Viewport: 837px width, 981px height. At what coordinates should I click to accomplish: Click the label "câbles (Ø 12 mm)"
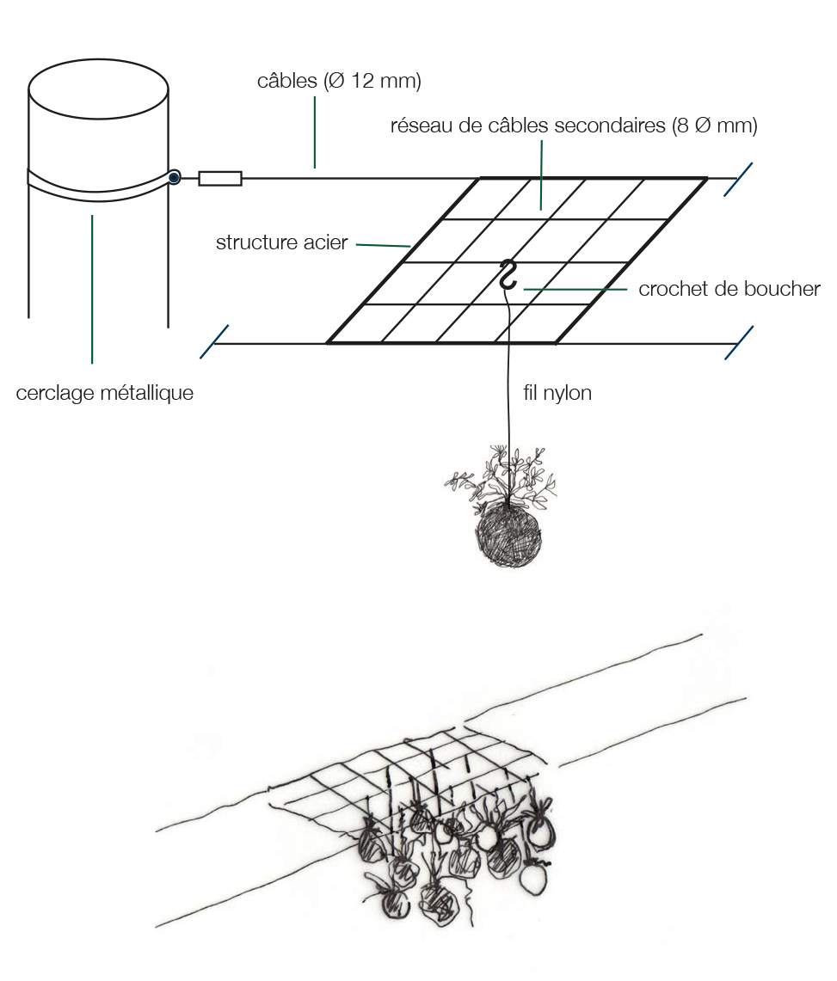tap(339, 81)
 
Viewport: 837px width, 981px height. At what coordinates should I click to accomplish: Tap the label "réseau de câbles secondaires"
tap(527, 126)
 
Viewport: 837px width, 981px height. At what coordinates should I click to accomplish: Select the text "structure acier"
tap(281, 242)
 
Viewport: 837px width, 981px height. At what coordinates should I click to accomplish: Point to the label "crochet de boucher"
tap(729, 289)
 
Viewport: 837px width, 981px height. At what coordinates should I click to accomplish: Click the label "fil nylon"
tap(557, 393)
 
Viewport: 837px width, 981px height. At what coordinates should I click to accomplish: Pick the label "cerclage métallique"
tap(105, 393)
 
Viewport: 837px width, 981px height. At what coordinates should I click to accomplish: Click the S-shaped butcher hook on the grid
tap(508, 275)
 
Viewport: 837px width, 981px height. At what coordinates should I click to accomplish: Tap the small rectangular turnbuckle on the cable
tap(220, 178)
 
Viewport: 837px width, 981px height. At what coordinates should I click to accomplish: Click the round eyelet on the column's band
tap(175, 178)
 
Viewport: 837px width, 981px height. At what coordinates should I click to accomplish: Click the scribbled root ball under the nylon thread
tap(508, 535)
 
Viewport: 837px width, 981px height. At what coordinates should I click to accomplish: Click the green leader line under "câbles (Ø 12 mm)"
tap(315, 132)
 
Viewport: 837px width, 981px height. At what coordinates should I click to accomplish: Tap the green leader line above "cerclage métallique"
tap(92, 289)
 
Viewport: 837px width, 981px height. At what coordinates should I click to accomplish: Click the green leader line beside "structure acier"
tap(383, 245)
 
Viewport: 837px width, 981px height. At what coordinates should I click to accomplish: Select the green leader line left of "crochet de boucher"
tap(575, 289)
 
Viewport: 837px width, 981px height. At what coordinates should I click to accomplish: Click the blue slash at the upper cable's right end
tap(738, 180)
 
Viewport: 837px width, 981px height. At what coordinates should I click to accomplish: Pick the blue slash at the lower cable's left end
tap(214, 341)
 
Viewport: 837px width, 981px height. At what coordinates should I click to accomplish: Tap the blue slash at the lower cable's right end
tap(739, 343)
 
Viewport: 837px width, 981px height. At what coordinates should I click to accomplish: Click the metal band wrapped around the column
tap(99, 185)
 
